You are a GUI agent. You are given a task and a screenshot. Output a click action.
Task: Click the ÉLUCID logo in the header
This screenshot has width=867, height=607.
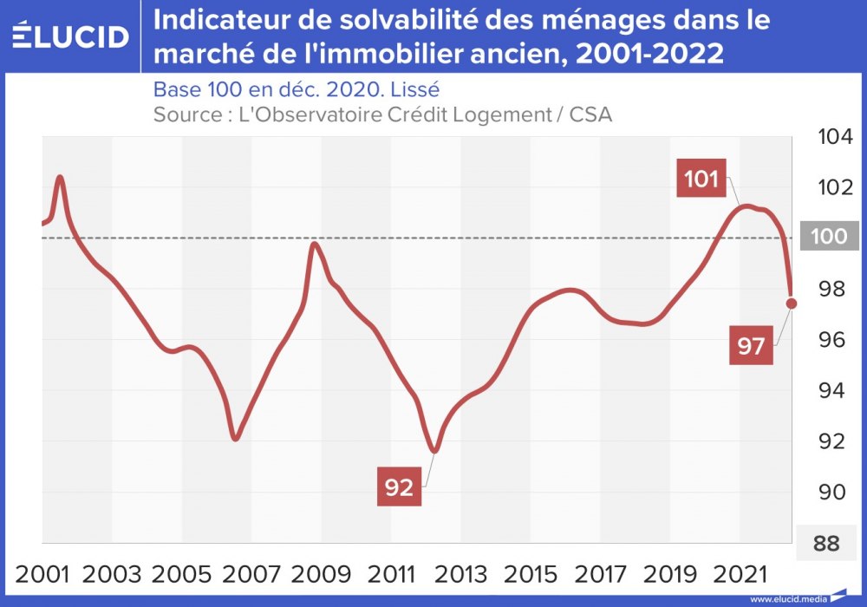[x=71, y=36]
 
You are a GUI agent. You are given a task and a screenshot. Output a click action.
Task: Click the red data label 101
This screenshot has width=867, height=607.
[x=701, y=179]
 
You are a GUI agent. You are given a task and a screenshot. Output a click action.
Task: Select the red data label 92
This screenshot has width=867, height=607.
[x=399, y=487]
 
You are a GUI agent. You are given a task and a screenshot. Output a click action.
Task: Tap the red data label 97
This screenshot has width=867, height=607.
[x=751, y=346]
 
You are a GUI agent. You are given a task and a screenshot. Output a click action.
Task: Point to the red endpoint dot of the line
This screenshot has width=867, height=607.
[x=792, y=303]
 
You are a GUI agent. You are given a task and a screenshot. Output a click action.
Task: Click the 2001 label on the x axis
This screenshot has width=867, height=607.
[x=43, y=574]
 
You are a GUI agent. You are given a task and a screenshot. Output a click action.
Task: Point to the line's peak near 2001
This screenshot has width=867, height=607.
[x=60, y=177]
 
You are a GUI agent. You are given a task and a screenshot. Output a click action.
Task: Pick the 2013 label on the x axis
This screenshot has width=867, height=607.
[x=462, y=574]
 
